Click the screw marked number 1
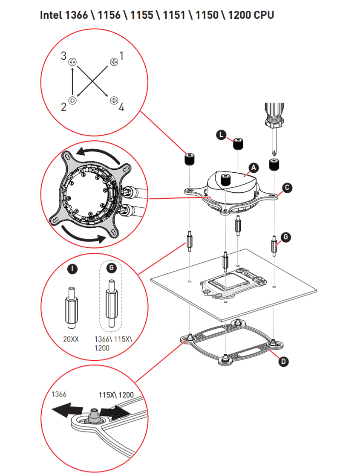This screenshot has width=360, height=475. coord(114,62)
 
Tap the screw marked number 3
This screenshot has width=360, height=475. coord(72,62)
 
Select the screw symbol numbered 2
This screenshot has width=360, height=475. coord(72,100)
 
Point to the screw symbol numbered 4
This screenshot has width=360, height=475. coord(114,100)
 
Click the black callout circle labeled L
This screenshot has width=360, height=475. coord(222,135)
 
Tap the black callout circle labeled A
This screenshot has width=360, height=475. coord(254,168)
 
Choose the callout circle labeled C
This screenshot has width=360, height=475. coord(287,188)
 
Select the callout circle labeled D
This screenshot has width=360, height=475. coord(283,362)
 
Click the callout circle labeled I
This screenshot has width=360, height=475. coord(72,269)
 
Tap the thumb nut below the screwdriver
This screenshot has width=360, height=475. coord(274,164)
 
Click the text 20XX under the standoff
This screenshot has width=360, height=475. coord(71,339)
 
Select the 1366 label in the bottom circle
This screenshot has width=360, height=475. coord(59,394)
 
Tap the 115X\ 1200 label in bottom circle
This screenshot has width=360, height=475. coord(116,395)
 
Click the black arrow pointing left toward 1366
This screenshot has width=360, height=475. coord(67,410)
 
